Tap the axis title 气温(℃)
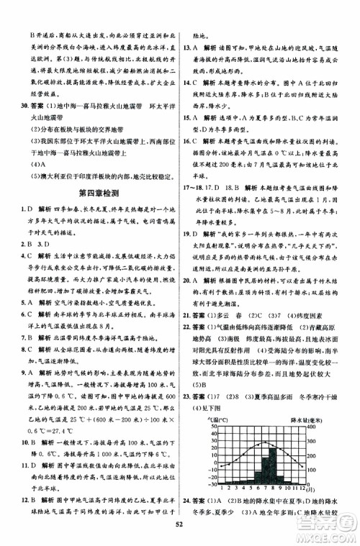pyautogui.click(x=219, y=417)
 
